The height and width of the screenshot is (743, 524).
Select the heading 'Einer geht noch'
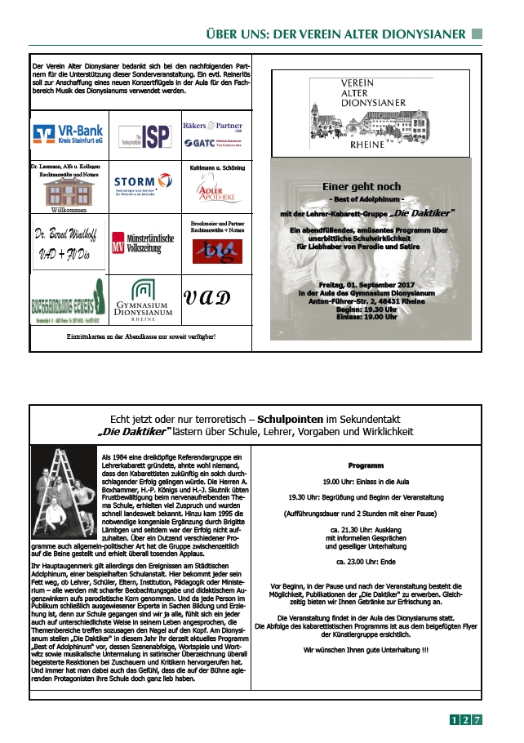pos(371,186)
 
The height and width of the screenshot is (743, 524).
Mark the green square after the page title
pos(478,34)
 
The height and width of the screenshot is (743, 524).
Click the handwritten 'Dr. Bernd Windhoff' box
pos(68,242)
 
